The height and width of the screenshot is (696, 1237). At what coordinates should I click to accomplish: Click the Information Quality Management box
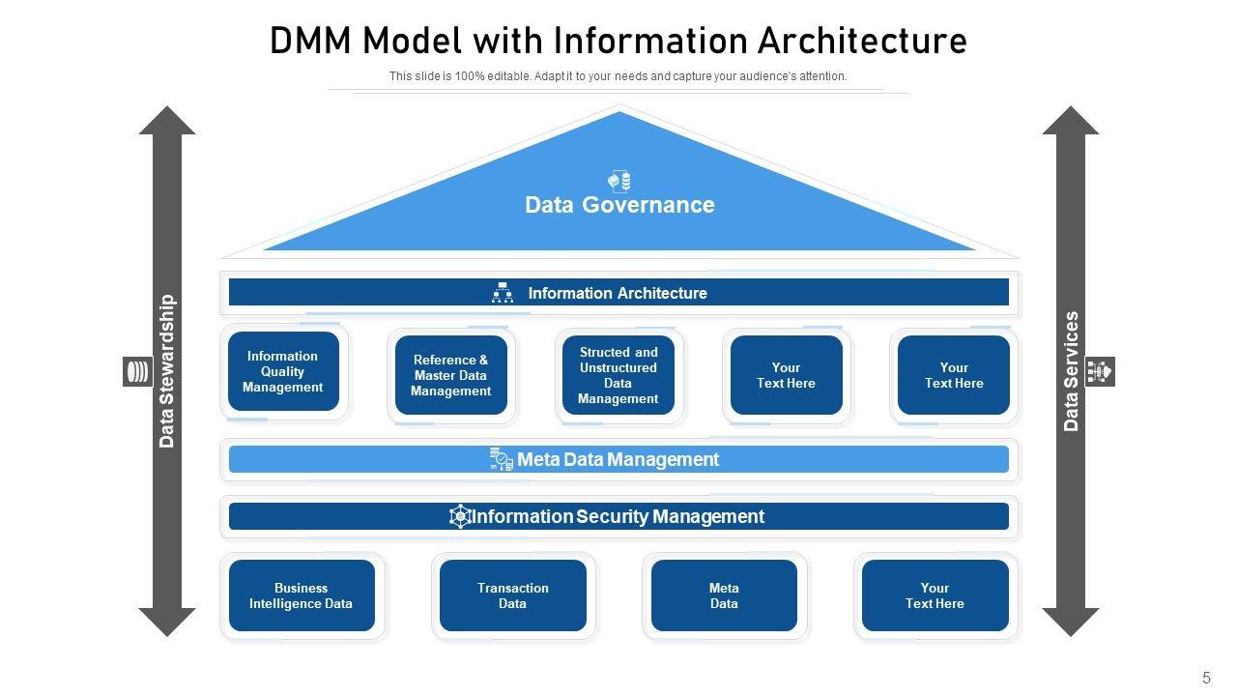pyautogui.click(x=283, y=372)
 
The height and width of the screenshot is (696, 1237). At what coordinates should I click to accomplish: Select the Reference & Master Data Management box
pyautogui.click(x=451, y=376)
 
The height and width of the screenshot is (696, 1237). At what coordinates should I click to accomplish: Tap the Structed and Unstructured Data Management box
pyautogui.click(x=618, y=376)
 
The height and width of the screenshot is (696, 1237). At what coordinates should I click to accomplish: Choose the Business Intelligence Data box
pyautogui.click(x=302, y=595)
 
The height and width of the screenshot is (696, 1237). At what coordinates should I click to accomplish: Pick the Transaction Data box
pyautogui.click(x=513, y=595)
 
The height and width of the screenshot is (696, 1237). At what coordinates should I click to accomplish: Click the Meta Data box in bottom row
pyautogui.click(x=724, y=595)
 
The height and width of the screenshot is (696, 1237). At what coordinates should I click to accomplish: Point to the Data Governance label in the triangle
pyautogui.click(x=619, y=205)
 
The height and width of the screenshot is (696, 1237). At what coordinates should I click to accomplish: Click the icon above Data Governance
pyautogui.click(x=619, y=181)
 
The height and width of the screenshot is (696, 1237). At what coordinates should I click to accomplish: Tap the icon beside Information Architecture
pyautogui.click(x=503, y=293)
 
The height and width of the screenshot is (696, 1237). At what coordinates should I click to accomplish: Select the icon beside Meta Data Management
pyautogui.click(x=501, y=459)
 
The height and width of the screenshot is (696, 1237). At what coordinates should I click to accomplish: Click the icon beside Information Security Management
pyautogui.click(x=460, y=516)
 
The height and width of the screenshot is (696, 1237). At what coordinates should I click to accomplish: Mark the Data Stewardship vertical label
pyautogui.click(x=167, y=371)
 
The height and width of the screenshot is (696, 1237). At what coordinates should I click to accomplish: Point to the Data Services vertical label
pyautogui.click(x=1071, y=371)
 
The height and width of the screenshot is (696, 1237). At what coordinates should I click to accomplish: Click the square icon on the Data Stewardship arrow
pyautogui.click(x=138, y=371)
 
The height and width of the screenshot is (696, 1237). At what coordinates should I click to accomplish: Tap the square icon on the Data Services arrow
pyautogui.click(x=1100, y=371)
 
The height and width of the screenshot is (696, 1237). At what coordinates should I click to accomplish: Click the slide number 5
pyautogui.click(x=1206, y=678)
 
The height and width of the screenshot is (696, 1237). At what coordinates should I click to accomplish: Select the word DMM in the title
pyautogui.click(x=311, y=42)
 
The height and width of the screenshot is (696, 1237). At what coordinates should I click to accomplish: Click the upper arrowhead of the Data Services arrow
pyautogui.click(x=1071, y=121)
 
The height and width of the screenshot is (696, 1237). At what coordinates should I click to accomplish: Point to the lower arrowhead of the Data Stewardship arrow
pyautogui.click(x=167, y=621)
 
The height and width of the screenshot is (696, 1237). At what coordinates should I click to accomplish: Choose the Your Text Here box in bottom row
pyautogui.click(x=935, y=595)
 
